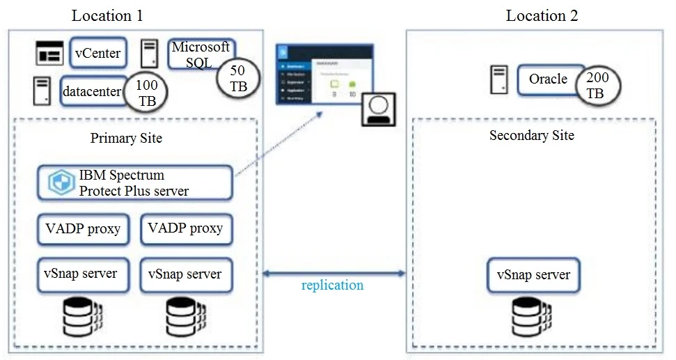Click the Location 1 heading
[x=108, y=15]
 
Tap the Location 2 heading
[x=542, y=15]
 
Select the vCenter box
[x=97, y=52]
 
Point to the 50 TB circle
[x=237, y=78]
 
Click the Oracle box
[x=548, y=79]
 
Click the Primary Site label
[x=126, y=138]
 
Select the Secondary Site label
[x=531, y=135]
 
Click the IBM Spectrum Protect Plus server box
[x=134, y=182]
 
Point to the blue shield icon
[x=61, y=182]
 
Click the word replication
[x=332, y=285]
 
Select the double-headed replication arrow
[x=331, y=274]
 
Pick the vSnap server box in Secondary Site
[x=533, y=274]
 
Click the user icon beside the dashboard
[x=377, y=110]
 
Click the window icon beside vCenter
[x=49, y=53]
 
